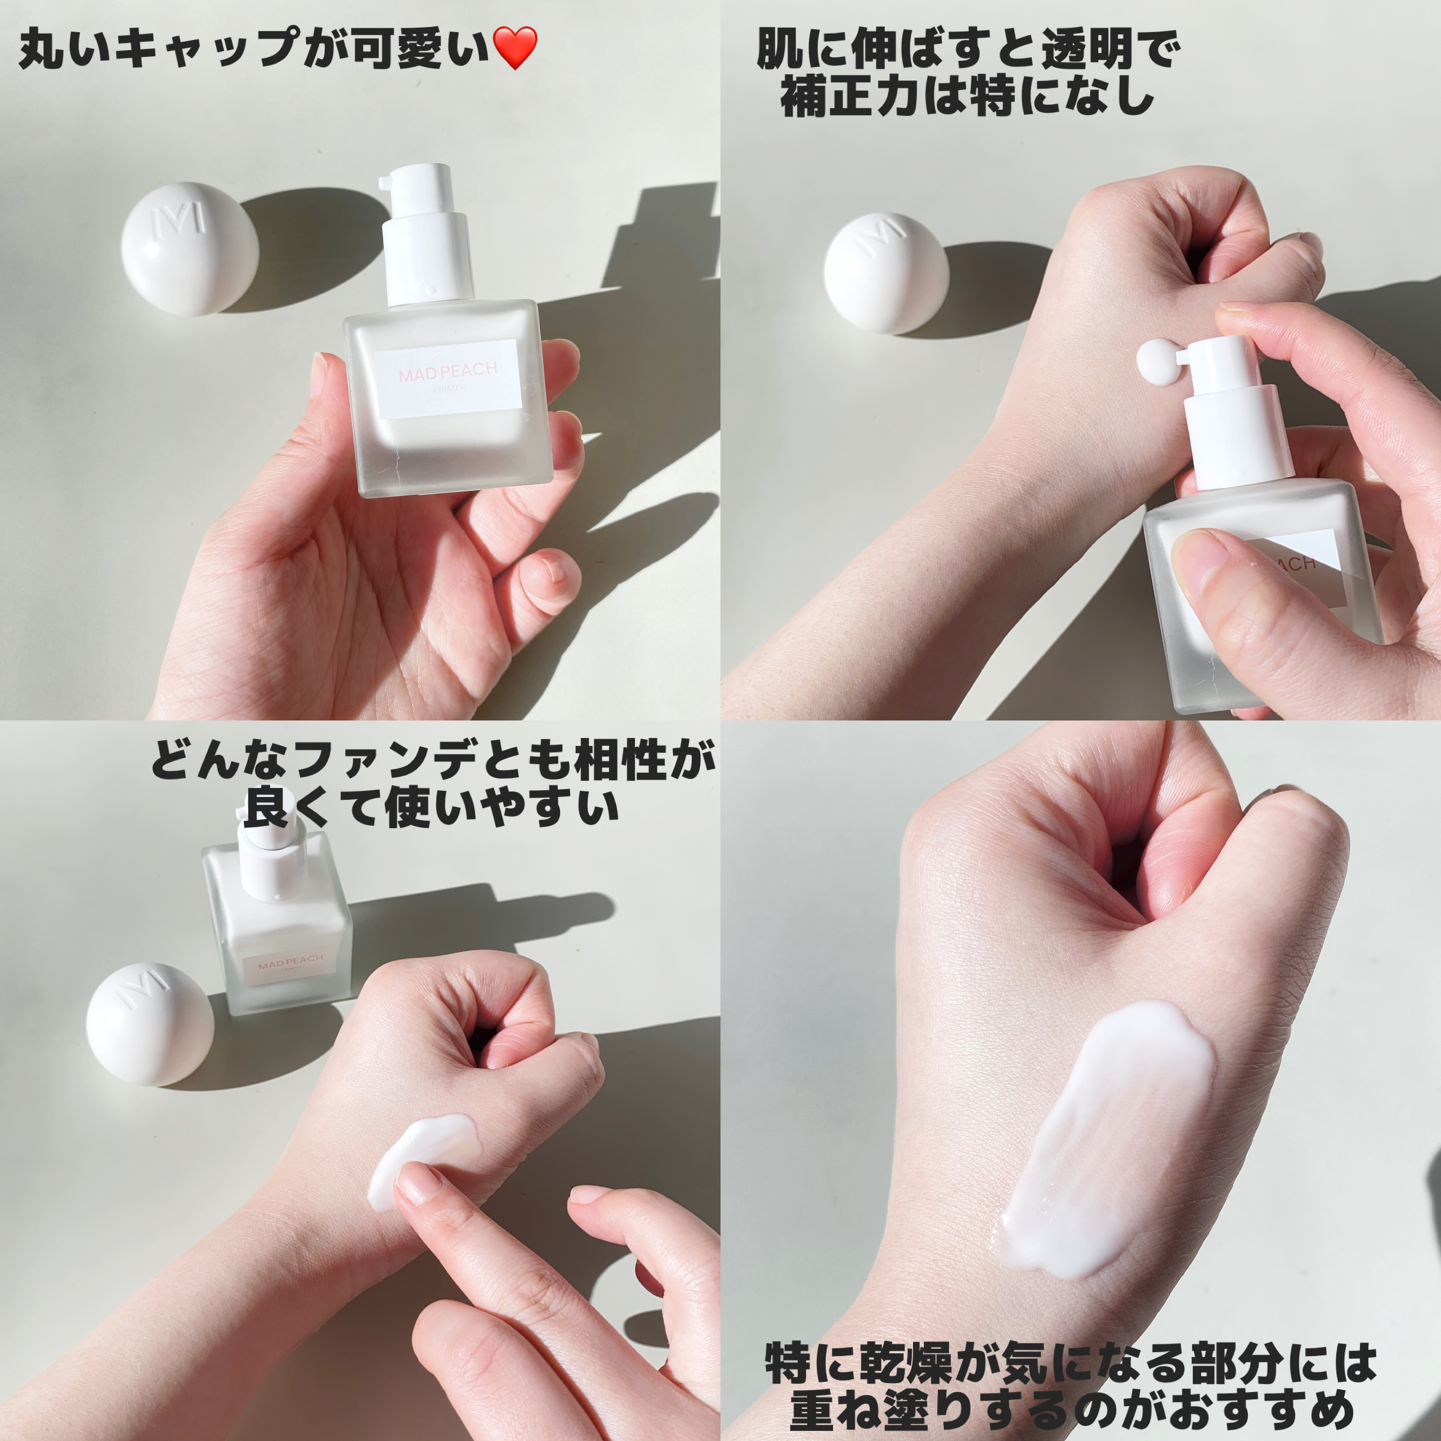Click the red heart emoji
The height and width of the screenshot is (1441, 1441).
tap(516, 48)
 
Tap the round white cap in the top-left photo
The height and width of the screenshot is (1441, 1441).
tap(190, 248)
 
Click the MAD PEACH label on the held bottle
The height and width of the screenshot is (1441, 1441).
tap(447, 379)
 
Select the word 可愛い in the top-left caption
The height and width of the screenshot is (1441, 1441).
tap(418, 48)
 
